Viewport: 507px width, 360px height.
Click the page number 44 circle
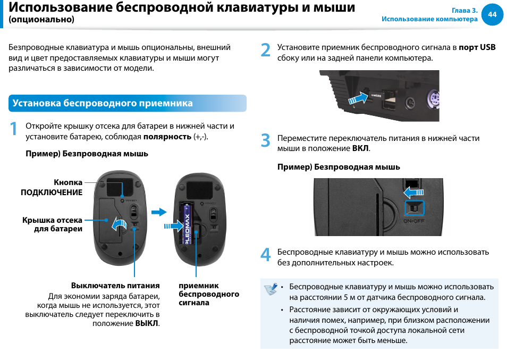(492, 14)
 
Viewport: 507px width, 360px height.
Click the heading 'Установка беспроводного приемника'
(103, 103)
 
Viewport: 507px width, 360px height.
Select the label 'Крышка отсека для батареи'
(53, 224)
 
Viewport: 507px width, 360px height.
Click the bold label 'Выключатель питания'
(115, 286)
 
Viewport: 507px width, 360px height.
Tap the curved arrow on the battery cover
(119, 224)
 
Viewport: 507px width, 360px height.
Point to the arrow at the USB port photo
(358, 98)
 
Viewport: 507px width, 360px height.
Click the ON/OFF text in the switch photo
(415, 220)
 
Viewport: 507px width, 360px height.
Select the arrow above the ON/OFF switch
(413, 191)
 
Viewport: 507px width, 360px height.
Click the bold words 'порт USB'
(477, 47)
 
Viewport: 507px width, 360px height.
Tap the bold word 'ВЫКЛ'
(147, 323)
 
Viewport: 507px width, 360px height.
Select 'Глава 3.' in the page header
(464, 11)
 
